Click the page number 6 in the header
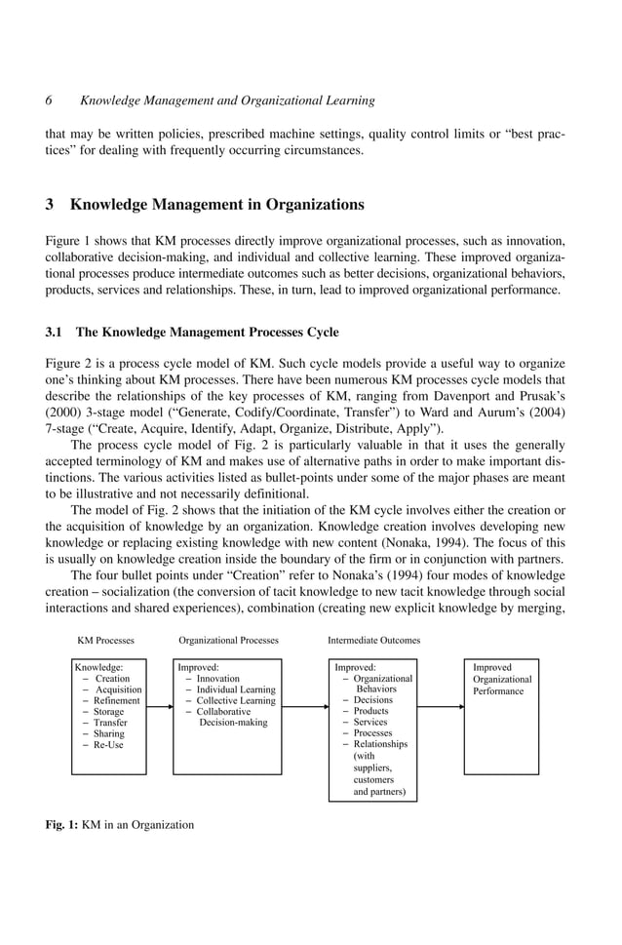point(50,100)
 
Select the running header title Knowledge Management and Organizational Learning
point(227,100)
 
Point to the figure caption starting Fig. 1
point(120,825)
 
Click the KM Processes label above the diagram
point(105,641)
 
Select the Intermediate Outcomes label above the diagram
point(373,641)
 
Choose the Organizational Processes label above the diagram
point(228,641)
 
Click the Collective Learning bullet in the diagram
point(235,701)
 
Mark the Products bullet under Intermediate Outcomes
point(370,711)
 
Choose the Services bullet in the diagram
point(369,723)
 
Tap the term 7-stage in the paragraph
point(67,430)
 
